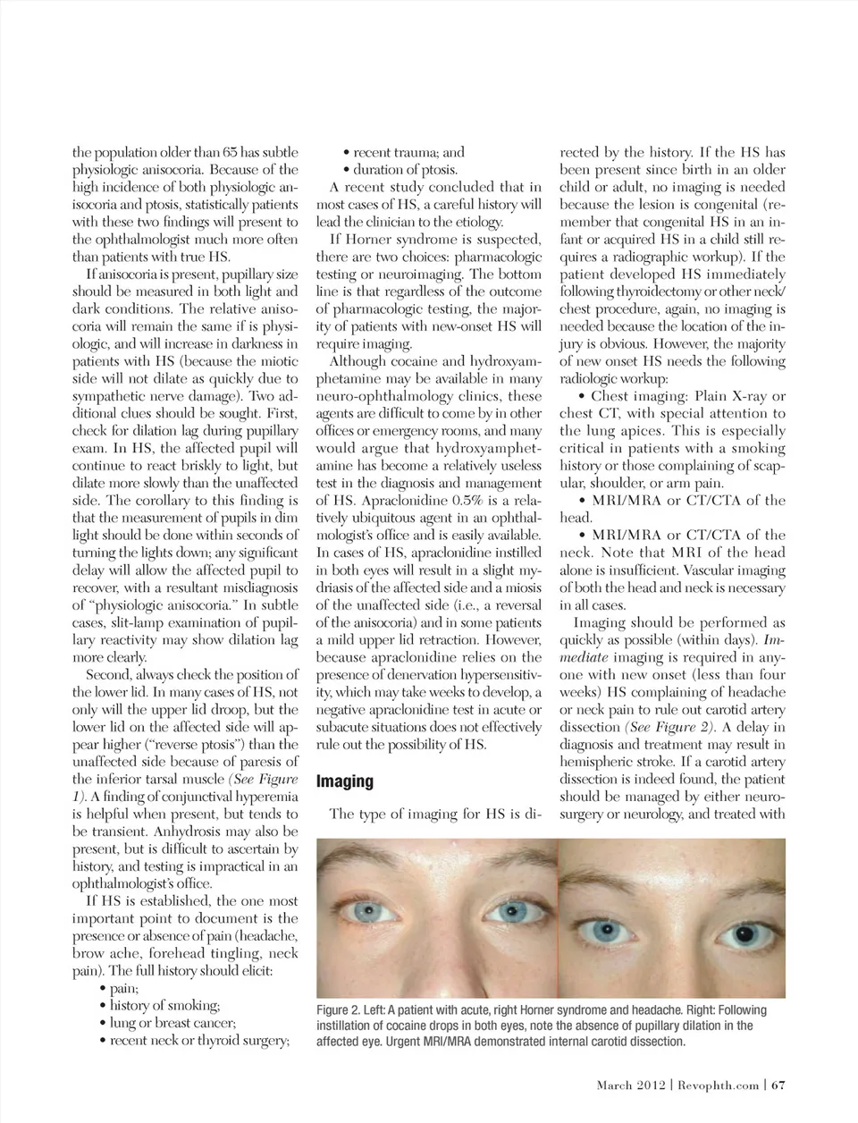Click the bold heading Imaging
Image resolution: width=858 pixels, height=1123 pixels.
pyautogui.click(x=345, y=781)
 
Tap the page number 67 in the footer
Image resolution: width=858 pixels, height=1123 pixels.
pyautogui.click(x=778, y=1085)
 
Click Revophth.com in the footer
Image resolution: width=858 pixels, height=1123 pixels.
pyautogui.click(x=718, y=1085)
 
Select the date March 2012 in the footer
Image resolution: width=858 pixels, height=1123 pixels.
pyautogui.click(x=631, y=1085)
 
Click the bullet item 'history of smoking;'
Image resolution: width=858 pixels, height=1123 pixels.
pyautogui.click(x=164, y=1006)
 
